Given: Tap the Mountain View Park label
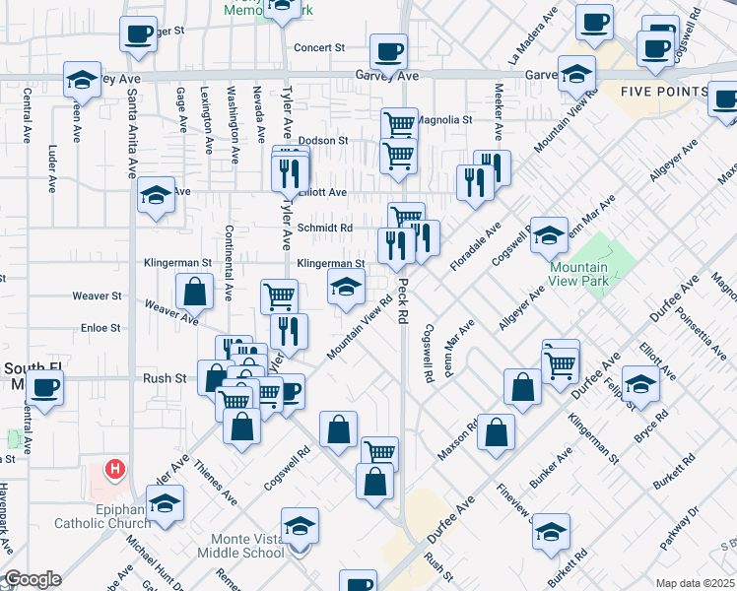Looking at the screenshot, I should pyautogui.click(x=577, y=274).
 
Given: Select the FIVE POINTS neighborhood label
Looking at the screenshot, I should pyautogui.click(x=663, y=92).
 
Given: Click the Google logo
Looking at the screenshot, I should pyautogui.click(x=33, y=579).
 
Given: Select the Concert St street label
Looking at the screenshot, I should pyautogui.click(x=319, y=47).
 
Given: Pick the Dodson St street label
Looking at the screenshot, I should pyautogui.click(x=324, y=141).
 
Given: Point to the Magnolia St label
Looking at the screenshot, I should pyautogui.click(x=440, y=120).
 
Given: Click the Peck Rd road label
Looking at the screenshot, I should pyautogui.click(x=402, y=300).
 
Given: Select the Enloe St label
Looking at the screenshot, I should pyautogui.click(x=100, y=327).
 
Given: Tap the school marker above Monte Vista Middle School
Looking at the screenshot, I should pyautogui.click(x=300, y=526).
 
